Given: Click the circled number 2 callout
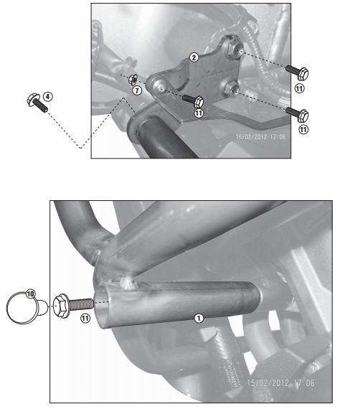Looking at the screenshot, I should click(193, 56).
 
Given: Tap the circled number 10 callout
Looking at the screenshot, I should click(30, 293).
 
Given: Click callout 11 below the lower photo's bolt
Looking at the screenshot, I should click(85, 317).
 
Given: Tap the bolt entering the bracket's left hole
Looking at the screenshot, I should click(194, 100).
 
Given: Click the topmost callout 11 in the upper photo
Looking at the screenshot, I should click(300, 88).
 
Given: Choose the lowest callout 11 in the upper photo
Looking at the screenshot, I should click(303, 129).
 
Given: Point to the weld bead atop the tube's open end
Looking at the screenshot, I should click(130, 284).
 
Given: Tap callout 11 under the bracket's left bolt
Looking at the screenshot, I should click(199, 113).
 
